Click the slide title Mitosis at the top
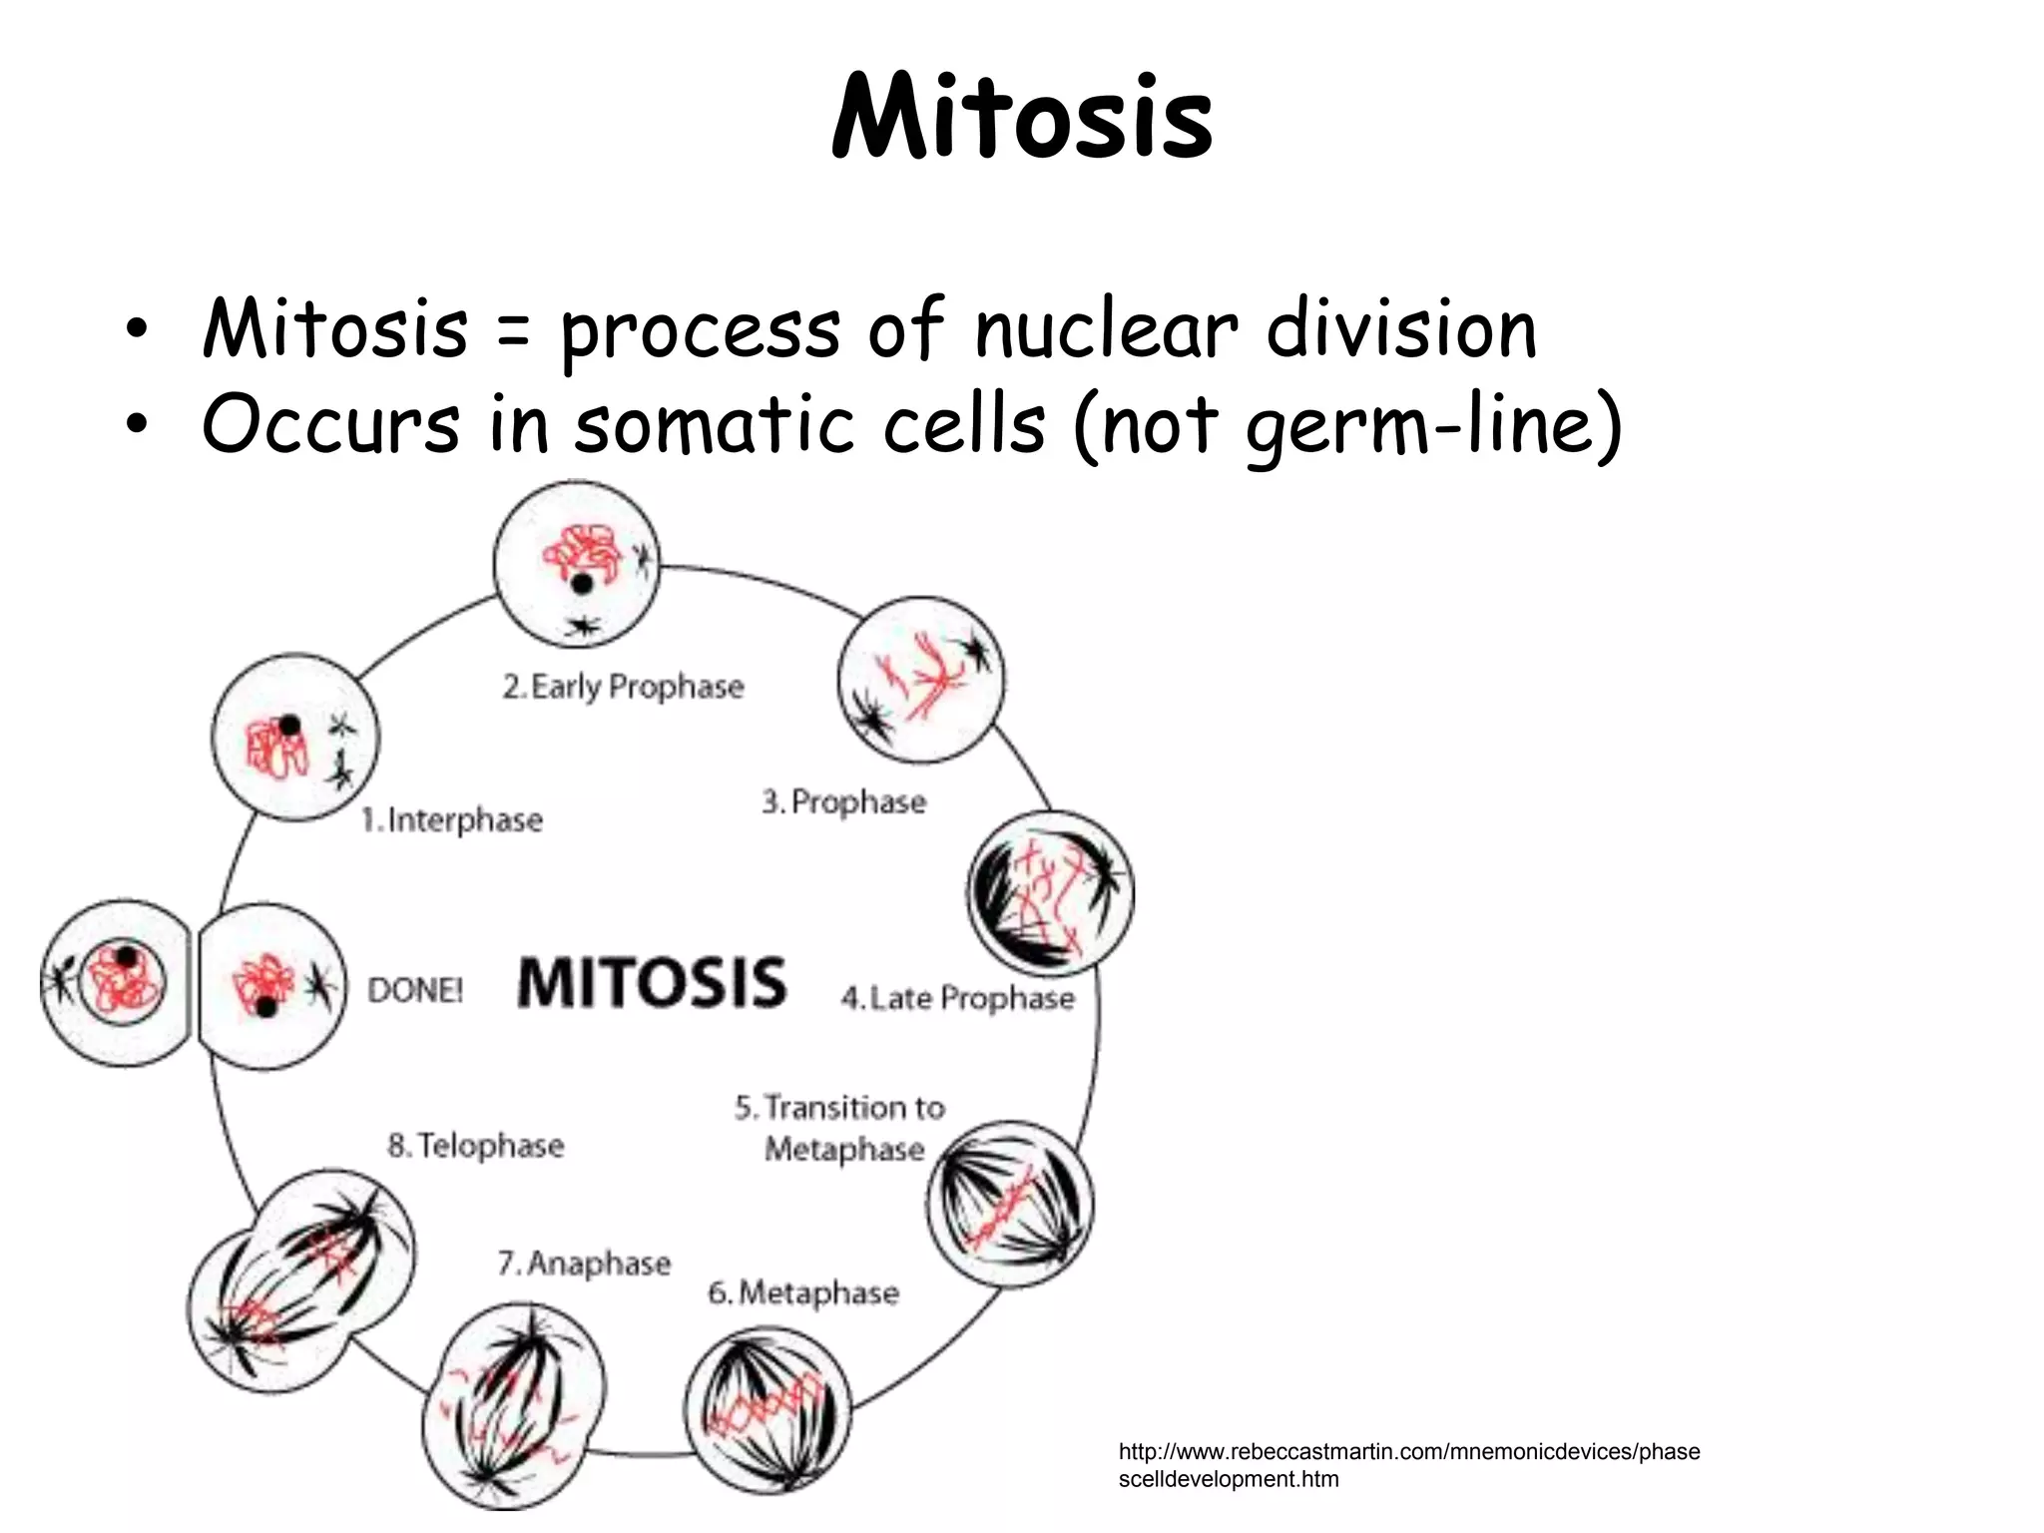(1022, 118)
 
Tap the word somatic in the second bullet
(713, 423)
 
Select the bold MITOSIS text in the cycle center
(652, 983)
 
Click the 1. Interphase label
(452, 820)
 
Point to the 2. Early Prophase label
(624, 687)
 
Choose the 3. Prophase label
(844, 801)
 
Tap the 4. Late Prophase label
(958, 998)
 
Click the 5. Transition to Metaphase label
(840, 1128)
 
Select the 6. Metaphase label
(803, 1292)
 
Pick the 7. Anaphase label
(585, 1264)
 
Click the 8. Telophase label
(476, 1146)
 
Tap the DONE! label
(415, 990)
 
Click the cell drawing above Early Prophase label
(577, 564)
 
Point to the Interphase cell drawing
(295, 738)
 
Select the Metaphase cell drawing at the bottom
(767, 1409)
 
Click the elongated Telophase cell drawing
(301, 1280)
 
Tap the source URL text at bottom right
(1408, 1465)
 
